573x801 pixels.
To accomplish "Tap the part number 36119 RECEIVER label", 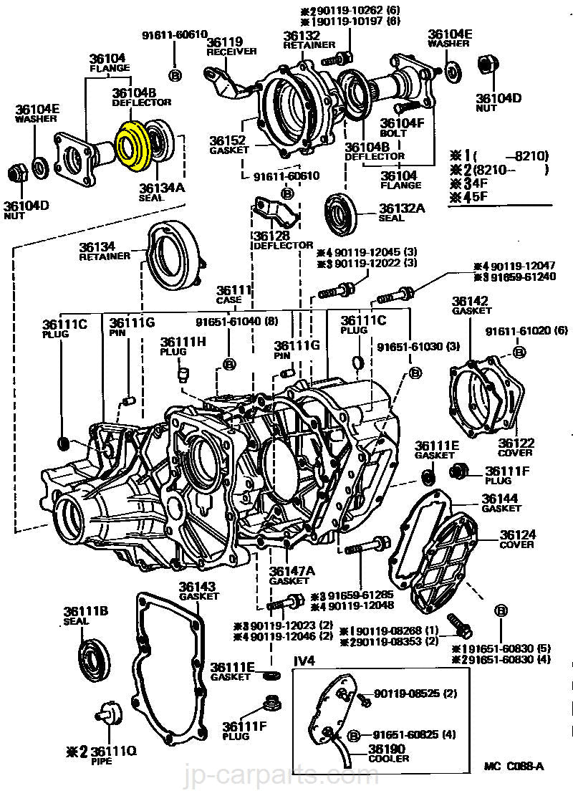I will (225, 46).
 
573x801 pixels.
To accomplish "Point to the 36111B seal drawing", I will (94, 660).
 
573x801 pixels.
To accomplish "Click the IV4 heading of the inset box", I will (305, 661).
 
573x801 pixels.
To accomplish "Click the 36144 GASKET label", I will (501, 502).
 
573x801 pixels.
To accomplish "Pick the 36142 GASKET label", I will (471, 305).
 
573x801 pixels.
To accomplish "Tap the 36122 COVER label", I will (516, 447).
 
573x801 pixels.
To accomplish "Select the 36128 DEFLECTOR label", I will (281, 240).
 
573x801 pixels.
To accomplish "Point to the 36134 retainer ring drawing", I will (174, 255).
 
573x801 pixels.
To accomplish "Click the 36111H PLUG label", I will (183, 346).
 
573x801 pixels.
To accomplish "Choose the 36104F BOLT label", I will (402, 127).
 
